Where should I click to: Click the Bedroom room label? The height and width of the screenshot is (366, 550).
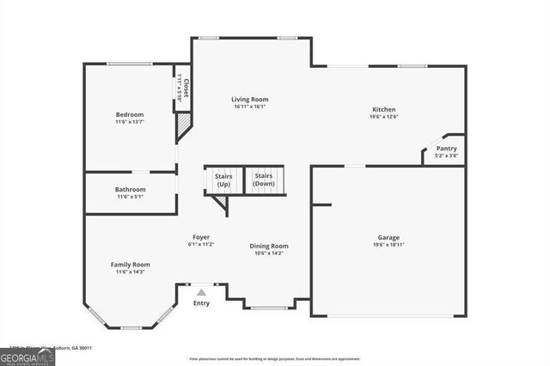[130, 114]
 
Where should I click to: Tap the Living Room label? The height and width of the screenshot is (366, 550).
[250, 99]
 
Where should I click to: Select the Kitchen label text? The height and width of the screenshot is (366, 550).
[383, 109]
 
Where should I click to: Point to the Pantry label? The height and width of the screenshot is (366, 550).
[446, 149]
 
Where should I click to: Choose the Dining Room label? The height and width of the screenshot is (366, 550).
[269, 246]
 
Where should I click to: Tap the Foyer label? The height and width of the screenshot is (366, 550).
[201, 236]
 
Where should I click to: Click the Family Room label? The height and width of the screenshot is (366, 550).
[130, 264]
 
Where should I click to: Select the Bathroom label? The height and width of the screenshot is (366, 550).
[131, 189]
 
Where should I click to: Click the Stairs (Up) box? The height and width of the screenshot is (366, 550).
[223, 180]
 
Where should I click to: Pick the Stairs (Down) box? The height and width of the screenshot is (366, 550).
[264, 180]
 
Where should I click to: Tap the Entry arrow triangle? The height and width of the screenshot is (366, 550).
[201, 292]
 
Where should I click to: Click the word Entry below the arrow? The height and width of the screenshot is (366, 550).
[201, 303]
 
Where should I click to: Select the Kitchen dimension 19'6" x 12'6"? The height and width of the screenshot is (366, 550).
[383, 117]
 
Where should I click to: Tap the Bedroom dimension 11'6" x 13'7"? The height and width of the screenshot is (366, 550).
[130, 122]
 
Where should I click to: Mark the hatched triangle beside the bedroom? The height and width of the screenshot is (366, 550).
[183, 129]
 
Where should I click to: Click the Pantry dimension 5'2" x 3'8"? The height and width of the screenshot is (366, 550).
[446, 156]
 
